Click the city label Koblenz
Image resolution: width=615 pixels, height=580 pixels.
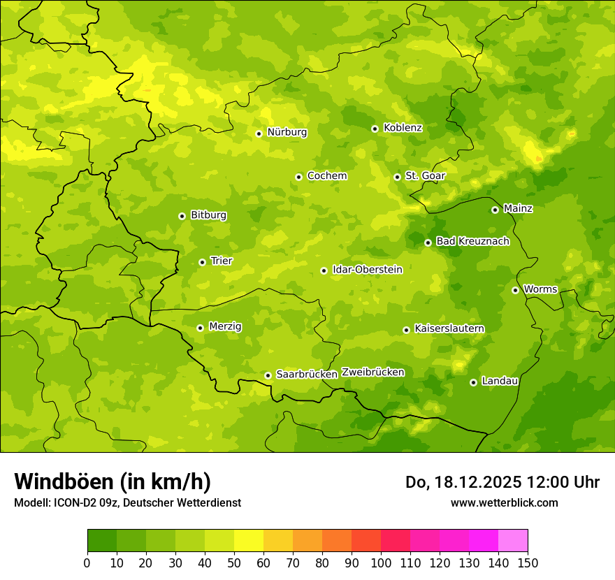[403, 128]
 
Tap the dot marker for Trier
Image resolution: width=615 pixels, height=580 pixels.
[202, 262]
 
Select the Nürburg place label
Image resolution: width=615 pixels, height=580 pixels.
[287, 132]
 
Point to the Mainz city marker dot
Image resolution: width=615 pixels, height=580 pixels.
[495, 210]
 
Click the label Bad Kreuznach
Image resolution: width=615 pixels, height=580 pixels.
[472, 241]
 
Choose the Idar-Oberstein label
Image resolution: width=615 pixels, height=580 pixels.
[368, 269]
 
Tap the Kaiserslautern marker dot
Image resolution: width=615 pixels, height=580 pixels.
[406, 330]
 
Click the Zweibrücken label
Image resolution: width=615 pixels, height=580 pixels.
[372, 372]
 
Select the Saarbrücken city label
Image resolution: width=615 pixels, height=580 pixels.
[307, 375]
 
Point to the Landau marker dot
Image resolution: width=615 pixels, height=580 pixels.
[473, 382]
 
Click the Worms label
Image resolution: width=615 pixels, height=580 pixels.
[540, 289]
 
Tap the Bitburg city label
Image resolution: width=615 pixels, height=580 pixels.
[208, 215]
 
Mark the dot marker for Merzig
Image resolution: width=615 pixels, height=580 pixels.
[200, 328]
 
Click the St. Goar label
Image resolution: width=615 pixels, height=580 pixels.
[425, 176]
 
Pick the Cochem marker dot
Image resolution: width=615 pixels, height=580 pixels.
[298, 177]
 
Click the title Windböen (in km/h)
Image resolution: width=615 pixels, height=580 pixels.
[113, 481]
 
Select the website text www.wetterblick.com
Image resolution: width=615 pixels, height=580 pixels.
[504, 502]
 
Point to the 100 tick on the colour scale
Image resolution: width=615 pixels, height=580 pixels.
[381, 563]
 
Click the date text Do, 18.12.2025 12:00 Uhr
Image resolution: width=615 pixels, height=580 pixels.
[502, 482]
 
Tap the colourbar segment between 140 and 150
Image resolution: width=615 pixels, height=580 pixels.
[513, 541]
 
